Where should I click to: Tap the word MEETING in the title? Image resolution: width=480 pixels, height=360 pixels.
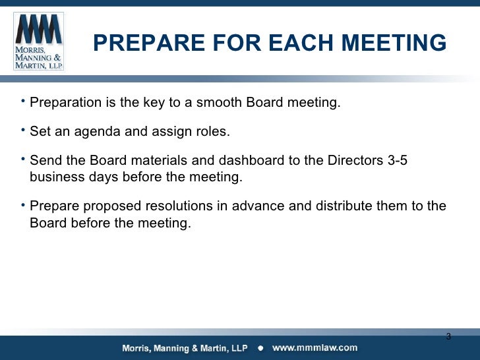tap(398, 44)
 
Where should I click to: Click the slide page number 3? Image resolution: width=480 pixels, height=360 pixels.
tap(448, 337)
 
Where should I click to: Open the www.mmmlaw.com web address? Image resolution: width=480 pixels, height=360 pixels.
tap(315, 347)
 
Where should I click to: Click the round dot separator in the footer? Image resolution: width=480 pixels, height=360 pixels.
tap(260, 348)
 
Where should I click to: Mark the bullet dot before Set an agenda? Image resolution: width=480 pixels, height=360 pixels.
tap(23, 129)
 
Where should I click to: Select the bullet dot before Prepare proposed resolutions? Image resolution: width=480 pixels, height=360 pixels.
tap(23, 204)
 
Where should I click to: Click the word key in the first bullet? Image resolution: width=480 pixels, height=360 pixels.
tap(165, 104)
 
